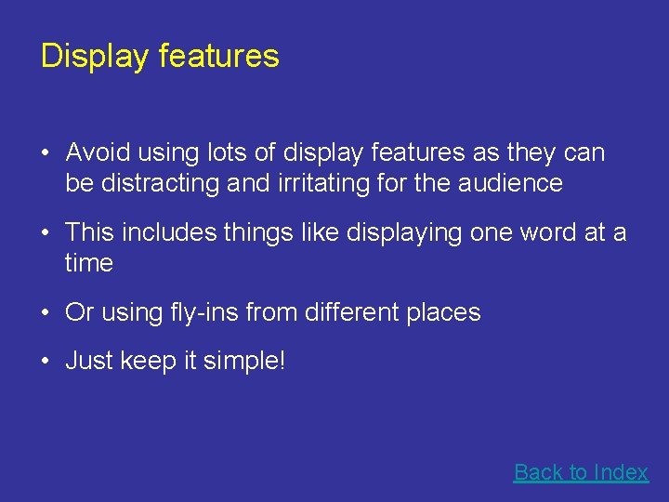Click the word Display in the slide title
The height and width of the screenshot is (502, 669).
click(94, 57)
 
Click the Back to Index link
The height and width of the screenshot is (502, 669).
click(581, 472)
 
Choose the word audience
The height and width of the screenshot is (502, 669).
click(510, 183)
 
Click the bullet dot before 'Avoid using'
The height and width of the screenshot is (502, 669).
click(46, 153)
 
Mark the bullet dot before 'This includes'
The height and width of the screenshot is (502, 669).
click(46, 233)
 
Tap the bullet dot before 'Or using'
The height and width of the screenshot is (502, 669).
click(46, 313)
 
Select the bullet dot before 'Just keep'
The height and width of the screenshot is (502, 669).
click(46, 362)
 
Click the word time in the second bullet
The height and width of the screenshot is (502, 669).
click(89, 263)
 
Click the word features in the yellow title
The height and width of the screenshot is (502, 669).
click(218, 57)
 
